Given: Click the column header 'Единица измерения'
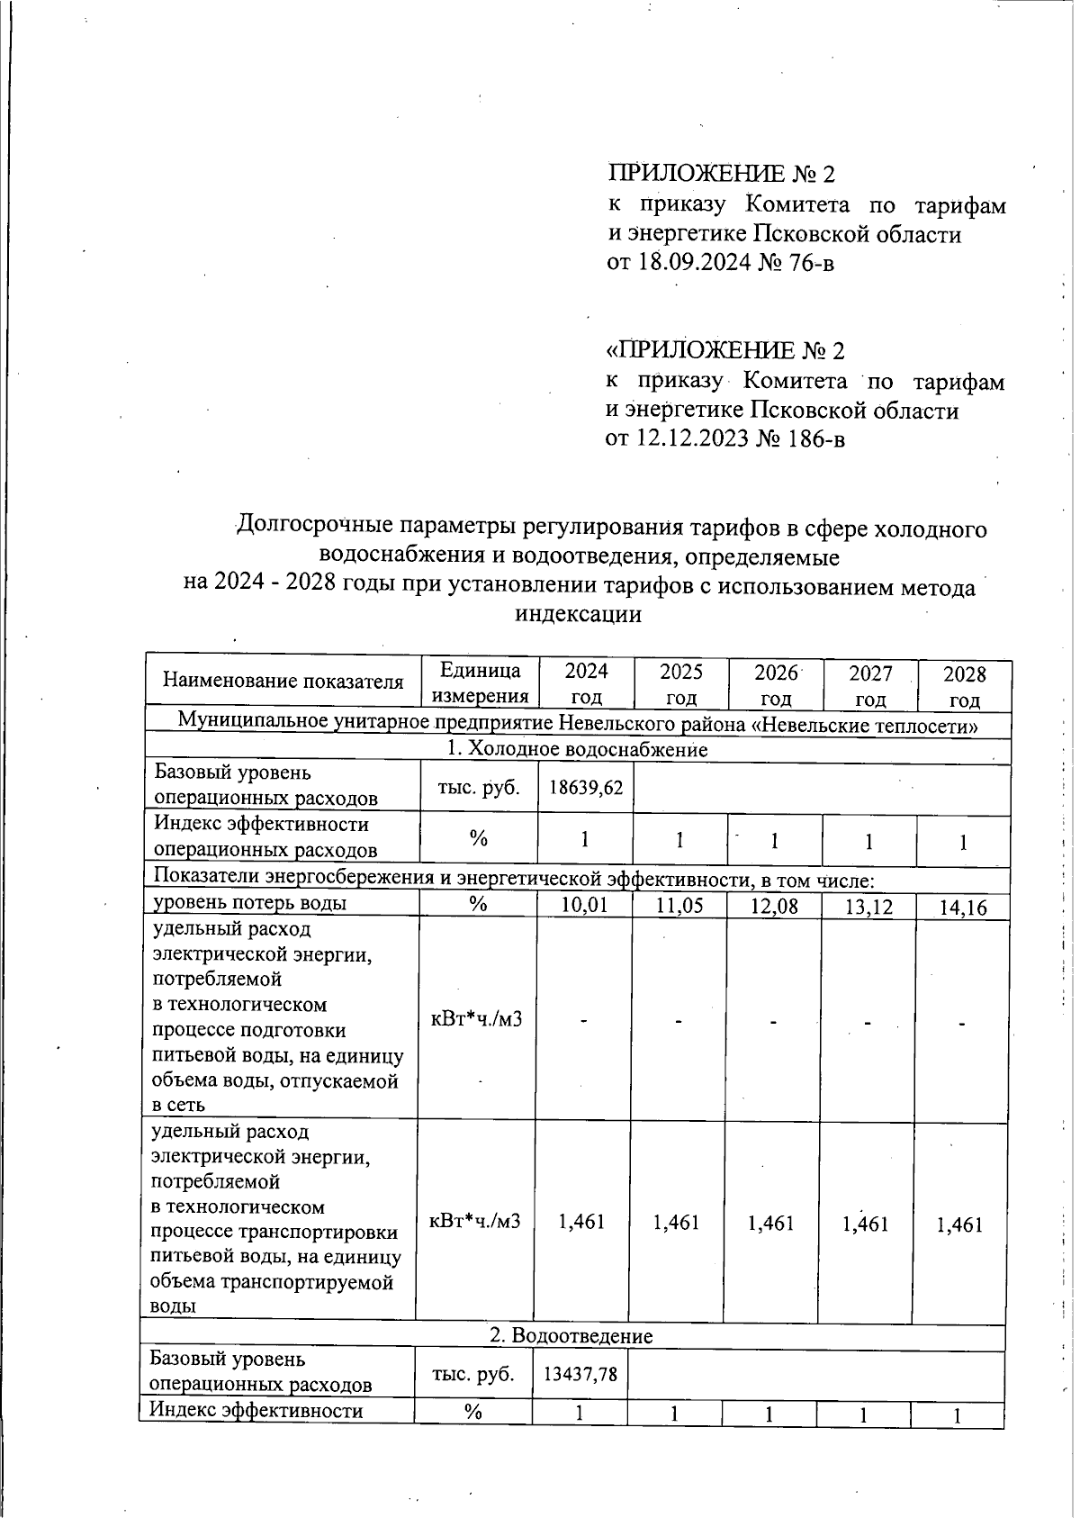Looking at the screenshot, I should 480,683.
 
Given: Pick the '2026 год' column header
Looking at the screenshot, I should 776,685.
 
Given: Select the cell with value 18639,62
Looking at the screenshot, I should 586,788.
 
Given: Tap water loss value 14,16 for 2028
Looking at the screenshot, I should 963,908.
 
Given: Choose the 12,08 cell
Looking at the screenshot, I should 774,907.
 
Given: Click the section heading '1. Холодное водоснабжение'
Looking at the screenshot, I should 577,749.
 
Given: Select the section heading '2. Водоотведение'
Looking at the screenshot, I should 571,1336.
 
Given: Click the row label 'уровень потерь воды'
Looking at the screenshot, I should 250,903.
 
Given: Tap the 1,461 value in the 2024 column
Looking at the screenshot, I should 581,1222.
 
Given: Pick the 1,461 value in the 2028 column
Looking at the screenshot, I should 959,1224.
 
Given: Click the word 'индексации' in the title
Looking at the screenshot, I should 578,615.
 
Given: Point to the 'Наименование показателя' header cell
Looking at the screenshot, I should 283,682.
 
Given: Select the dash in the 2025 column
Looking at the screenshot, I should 679,1021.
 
